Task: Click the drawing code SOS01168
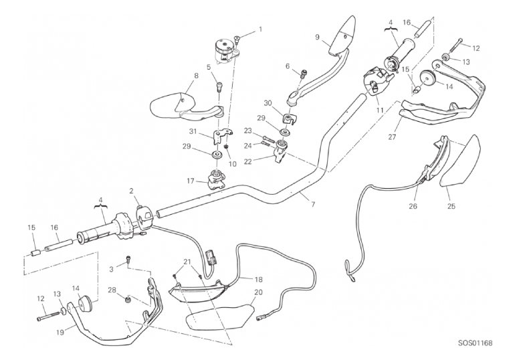point(475,343)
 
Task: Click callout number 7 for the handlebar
point(313,204)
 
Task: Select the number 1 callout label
point(261,29)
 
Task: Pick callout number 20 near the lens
point(258,292)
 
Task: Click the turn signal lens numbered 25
point(461,160)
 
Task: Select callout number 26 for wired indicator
point(413,206)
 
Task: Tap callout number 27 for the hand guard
point(392,137)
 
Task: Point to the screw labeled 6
point(304,73)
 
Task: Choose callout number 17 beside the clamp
point(190,182)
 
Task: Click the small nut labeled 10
point(226,147)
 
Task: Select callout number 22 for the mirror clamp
point(248,162)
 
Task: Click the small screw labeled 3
point(128,258)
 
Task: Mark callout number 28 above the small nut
point(112,290)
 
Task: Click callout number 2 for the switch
point(131,191)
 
